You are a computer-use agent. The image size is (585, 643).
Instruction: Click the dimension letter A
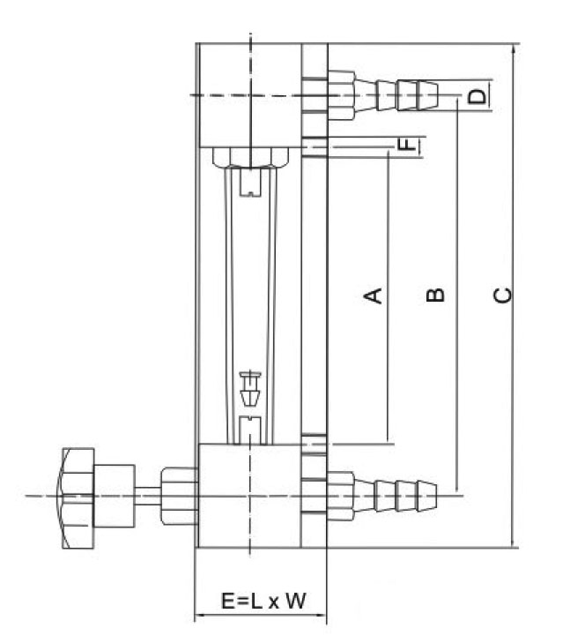pos(374,295)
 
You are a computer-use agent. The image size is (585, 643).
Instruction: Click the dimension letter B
pos(434,295)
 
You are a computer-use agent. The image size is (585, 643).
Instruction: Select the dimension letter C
pos(501,295)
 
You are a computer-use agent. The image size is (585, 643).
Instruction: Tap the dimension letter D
pos(477,95)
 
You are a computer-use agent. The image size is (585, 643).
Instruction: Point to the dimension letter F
pos(406,144)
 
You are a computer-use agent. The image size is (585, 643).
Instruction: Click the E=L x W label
pos(263,602)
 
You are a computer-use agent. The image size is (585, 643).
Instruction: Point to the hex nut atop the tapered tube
pos(251,158)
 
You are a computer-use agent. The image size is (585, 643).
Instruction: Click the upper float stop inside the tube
pos(251,183)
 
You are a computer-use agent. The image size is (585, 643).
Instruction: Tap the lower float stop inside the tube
pos(251,427)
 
